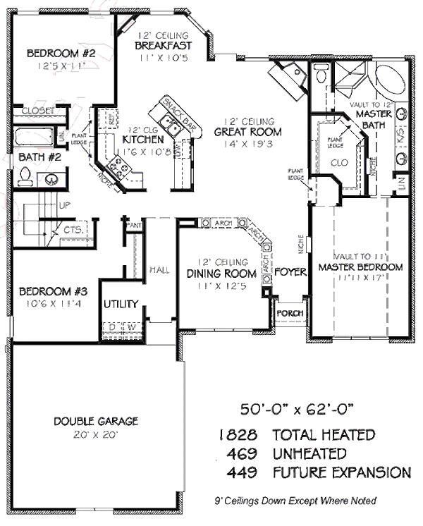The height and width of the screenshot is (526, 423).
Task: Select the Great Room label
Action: [248, 131]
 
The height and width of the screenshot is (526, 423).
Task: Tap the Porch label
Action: [288, 313]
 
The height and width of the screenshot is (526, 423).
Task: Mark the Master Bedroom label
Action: [360, 267]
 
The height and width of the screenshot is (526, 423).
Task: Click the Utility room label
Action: [121, 305]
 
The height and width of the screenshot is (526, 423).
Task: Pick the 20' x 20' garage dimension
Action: [96, 434]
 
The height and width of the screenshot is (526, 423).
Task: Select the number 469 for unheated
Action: [243, 453]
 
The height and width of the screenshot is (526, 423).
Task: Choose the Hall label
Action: [157, 269]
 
